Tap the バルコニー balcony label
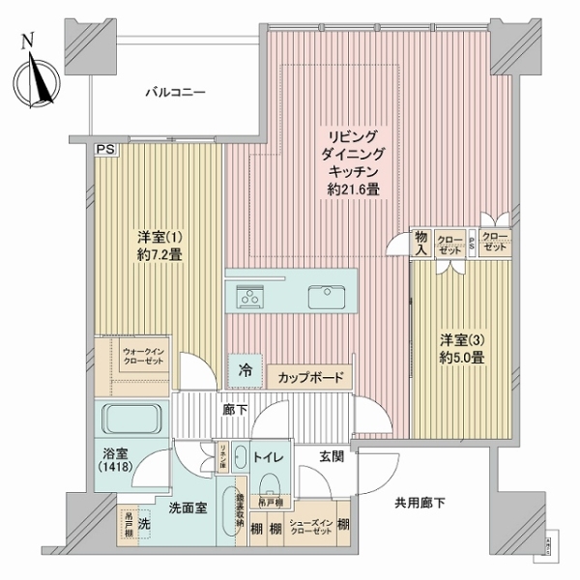click(x=174, y=93)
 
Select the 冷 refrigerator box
click(x=246, y=368)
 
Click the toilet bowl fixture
click(x=270, y=482)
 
